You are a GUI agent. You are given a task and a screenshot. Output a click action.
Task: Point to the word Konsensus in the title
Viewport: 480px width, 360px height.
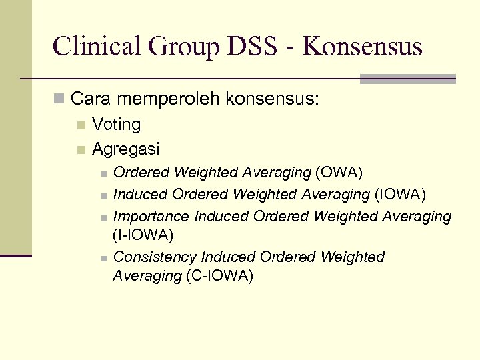[x=362, y=47]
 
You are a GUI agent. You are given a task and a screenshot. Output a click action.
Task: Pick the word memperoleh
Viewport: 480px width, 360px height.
[x=168, y=100]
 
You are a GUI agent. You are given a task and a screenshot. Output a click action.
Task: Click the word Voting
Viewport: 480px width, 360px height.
[x=117, y=125]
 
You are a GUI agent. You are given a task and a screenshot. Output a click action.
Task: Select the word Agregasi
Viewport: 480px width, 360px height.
[x=126, y=149]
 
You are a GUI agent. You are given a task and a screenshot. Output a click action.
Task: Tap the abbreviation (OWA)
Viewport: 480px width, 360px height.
[x=339, y=173]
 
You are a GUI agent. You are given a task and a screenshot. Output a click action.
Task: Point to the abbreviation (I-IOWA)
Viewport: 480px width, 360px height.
[x=143, y=235]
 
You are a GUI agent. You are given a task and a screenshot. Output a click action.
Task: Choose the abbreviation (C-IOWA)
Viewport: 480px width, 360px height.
[x=219, y=275]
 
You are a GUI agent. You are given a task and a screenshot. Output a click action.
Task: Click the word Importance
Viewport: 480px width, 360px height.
[x=151, y=217]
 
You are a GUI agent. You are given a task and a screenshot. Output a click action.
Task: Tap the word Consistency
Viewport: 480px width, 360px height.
[x=155, y=257]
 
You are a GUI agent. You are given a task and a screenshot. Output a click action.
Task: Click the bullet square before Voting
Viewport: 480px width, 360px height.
[x=81, y=125]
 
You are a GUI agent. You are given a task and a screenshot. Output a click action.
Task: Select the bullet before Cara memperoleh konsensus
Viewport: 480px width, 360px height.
[x=60, y=101]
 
